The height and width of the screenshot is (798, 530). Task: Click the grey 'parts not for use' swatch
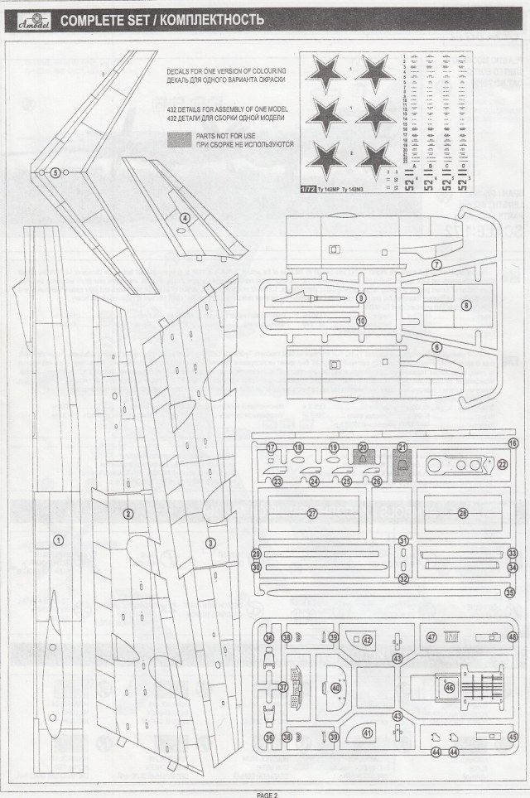pos(180,138)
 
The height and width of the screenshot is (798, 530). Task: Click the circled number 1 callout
pos(58,539)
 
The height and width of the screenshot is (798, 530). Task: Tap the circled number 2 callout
pos(128,514)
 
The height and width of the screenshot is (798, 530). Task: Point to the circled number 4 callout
pos(185,218)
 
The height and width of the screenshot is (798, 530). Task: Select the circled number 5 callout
pos(55,173)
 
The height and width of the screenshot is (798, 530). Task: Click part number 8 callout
pos(466,305)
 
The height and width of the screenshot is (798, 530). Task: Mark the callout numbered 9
pos(361,297)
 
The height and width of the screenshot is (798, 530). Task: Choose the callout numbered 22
pos(502,465)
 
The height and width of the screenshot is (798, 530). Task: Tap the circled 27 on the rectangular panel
pos(312,513)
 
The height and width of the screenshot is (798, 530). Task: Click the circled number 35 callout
pos(510,592)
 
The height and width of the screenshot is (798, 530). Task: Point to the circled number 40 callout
pos(335,688)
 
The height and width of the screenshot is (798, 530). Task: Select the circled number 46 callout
pos(450,688)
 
